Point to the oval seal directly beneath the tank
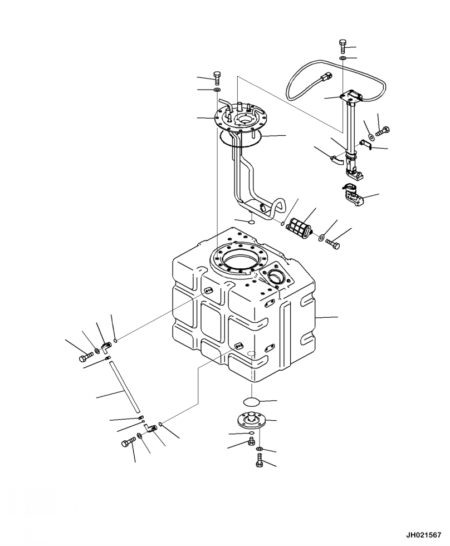252,401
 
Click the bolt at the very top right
343,45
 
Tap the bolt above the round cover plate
217,77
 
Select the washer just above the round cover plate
217,90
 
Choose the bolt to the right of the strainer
334,243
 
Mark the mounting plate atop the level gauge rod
351,96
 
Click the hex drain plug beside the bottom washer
251,442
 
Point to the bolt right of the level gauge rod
384,132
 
